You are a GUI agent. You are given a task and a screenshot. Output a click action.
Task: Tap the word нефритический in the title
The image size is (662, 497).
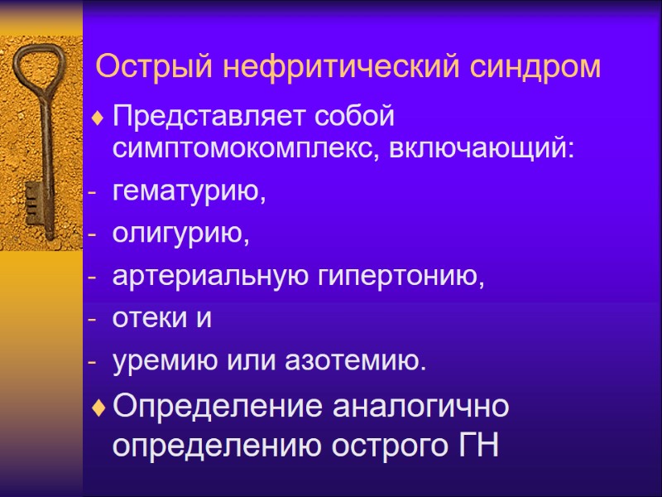(x=334, y=66)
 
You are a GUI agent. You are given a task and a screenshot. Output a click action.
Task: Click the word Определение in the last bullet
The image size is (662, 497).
(x=218, y=408)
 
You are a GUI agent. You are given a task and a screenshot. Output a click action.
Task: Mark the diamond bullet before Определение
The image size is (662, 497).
(x=99, y=408)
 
